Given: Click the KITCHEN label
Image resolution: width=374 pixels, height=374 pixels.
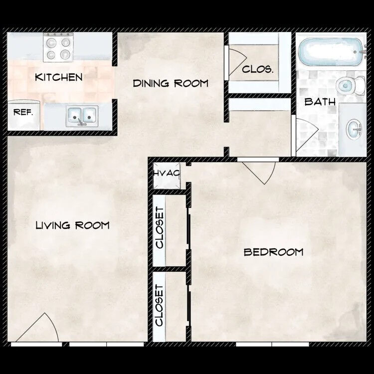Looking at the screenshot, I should (x=58, y=77).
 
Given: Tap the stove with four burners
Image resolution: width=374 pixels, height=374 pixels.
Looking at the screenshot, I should (x=59, y=48).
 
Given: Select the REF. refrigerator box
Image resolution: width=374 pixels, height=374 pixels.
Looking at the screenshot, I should (x=23, y=113).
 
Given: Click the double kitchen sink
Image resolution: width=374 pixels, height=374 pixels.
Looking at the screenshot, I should (x=81, y=116).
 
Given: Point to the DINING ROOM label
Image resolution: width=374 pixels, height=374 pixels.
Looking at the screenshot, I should (x=171, y=83).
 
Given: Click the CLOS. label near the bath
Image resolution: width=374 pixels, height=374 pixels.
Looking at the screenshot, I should (x=258, y=70).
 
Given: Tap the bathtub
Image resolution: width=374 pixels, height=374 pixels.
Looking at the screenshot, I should (x=330, y=52).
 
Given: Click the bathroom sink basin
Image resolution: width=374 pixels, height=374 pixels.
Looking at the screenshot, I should (x=354, y=129).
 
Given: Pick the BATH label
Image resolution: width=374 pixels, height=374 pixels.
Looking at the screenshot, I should (x=320, y=102).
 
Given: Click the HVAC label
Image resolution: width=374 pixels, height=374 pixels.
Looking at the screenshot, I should (x=167, y=173).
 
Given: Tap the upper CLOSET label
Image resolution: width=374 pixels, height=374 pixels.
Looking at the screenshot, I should (x=160, y=227).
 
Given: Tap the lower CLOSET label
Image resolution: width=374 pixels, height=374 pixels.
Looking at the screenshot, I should (x=160, y=305).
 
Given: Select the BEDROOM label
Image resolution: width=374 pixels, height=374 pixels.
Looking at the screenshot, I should (x=273, y=252).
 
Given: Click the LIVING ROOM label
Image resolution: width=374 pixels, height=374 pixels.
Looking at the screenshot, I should (x=72, y=225).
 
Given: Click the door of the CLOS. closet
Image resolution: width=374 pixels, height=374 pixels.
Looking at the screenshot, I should (x=235, y=62).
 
